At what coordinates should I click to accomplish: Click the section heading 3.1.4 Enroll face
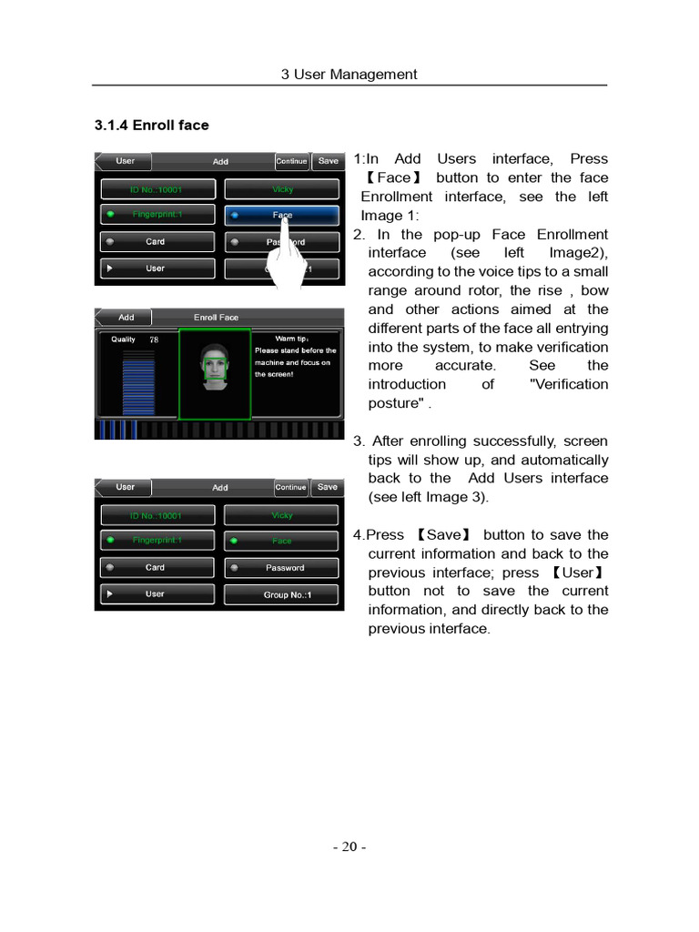[x=151, y=126]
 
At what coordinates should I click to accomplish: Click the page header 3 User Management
[x=349, y=75]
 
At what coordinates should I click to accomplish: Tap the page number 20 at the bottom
[x=349, y=846]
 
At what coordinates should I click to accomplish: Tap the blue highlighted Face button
[x=281, y=216]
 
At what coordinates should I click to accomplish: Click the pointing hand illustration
[x=290, y=259]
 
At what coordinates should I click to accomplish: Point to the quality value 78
[x=154, y=339]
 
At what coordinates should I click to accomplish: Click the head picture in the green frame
[x=215, y=371]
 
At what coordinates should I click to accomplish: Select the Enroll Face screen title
[x=216, y=318]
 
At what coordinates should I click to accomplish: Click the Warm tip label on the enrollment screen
[x=291, y=339]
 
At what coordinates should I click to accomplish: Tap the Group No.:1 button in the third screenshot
[x=281, y=595]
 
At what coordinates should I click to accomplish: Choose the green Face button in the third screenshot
[x=281, y=541]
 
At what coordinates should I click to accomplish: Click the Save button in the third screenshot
[x=327, y=488]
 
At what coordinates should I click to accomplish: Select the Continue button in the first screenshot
[x=291, y=161]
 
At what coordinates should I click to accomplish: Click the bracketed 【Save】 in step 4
[x=443, y=535]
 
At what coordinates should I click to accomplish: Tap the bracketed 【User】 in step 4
[x=577, y=572]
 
